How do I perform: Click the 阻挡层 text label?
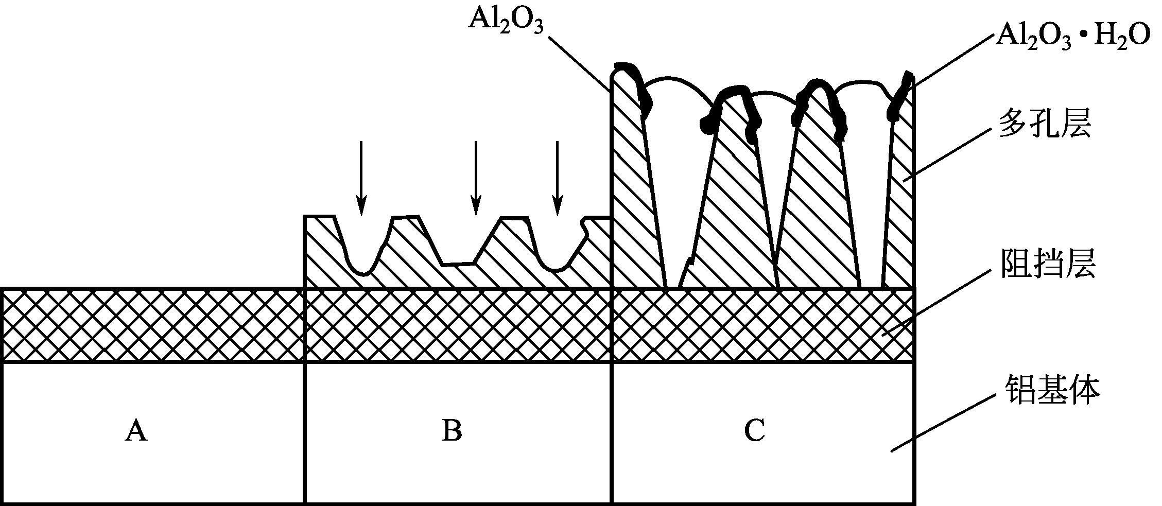click(x=1048, y=264)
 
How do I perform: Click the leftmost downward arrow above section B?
click(x=362, y=178)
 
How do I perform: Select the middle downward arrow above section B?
click(x=476, y=178)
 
